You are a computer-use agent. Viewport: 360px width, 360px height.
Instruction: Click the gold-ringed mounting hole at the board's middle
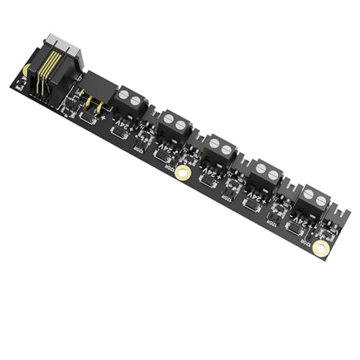point(184,173)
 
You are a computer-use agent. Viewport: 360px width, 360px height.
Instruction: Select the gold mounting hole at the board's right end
point(323,248)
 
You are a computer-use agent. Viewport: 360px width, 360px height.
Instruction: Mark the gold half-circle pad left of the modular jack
point(26,70)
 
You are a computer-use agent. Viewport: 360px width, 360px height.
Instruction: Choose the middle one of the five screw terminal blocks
point(219,152)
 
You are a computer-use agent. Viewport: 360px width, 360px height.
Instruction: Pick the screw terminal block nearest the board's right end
point(314,202)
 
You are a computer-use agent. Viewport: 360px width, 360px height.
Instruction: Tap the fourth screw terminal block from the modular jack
point(266,176)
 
